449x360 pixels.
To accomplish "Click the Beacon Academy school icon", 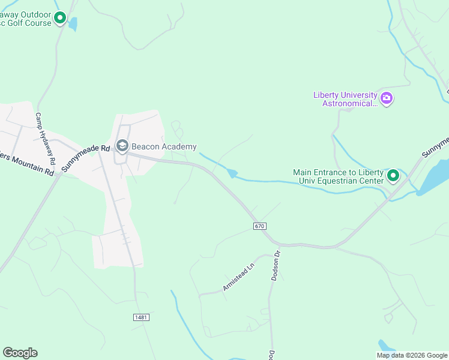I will click(x=122, y=146).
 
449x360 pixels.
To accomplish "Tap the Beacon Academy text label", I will click(x=164, y=147).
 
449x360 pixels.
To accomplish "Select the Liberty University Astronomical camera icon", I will click(x=387, y=98).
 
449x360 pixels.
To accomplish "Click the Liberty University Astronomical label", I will click(x=346, y=99).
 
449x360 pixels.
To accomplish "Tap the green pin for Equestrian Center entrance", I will click(x=393, y=176).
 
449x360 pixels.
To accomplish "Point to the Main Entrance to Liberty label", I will click(x=338, y=172).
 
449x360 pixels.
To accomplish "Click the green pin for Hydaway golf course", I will click(x=60, y=18).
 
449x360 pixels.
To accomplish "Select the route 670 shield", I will click(x=259, y=226).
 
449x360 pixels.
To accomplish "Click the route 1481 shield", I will click(x=140, y=317).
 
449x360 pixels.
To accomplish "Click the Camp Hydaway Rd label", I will click(x=45, y=139).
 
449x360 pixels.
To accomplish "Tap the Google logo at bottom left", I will click(x=20, y=353).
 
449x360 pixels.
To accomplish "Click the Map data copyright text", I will click(x=412, y=355).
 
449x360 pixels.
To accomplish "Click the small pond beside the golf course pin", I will click(x=73, y=24).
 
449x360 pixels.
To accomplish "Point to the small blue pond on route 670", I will click(x=232, y=174).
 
